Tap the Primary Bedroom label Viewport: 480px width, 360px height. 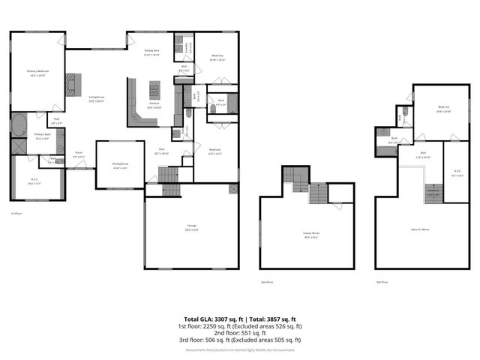(x=37, y=73)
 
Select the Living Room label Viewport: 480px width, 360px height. (x=97, y=98)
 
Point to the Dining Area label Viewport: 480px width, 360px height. (x=152, y=52)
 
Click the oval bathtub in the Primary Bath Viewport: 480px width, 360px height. (x=19, y=124)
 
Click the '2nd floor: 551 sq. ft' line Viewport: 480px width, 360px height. (x=240, y=332)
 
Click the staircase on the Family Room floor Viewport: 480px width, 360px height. (x=316, y=193)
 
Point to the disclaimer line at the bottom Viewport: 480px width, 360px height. (x=240, y=349)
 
